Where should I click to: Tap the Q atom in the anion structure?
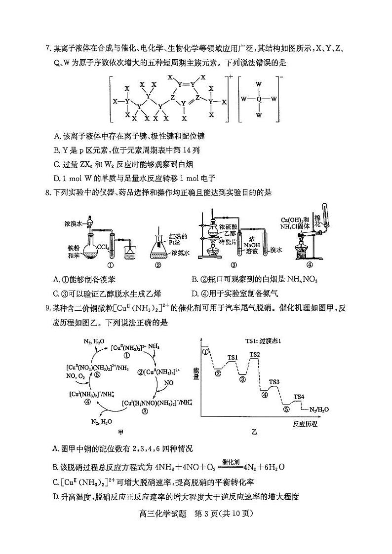pos(258,99)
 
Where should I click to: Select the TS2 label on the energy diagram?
pos(255,354)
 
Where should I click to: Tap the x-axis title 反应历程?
pos(304,424)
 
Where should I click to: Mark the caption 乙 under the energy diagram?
pos(254,433)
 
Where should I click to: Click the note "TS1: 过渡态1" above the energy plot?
pos(264,341)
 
